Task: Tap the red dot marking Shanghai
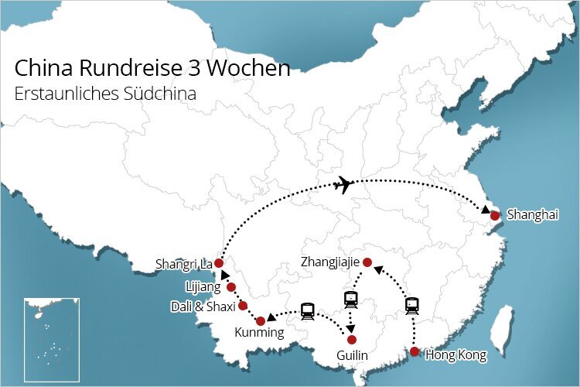(x=495, y=215)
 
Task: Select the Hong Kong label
(x=456, y=355)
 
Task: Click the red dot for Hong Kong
(x=415, y=352)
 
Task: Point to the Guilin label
(x=352, y=356)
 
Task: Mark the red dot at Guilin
(x=352, y=340)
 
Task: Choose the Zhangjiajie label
(x=329, y=262)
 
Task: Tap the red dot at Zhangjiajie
(x=368, y=262)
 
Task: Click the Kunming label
(x=259, y=334)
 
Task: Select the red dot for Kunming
(x=261, y=320)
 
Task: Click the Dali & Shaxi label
(x=203, y=306)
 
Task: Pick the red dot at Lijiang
(x=230, y=287)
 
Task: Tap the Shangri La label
(x=183, y=265)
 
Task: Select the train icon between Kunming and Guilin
(x=308, y=311)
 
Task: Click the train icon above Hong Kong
(x=412, y=306)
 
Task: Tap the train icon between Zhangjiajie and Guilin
(x=350, y=299)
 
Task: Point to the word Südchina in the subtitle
(x=160, y=93)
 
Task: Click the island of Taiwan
(x=503, y=325)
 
